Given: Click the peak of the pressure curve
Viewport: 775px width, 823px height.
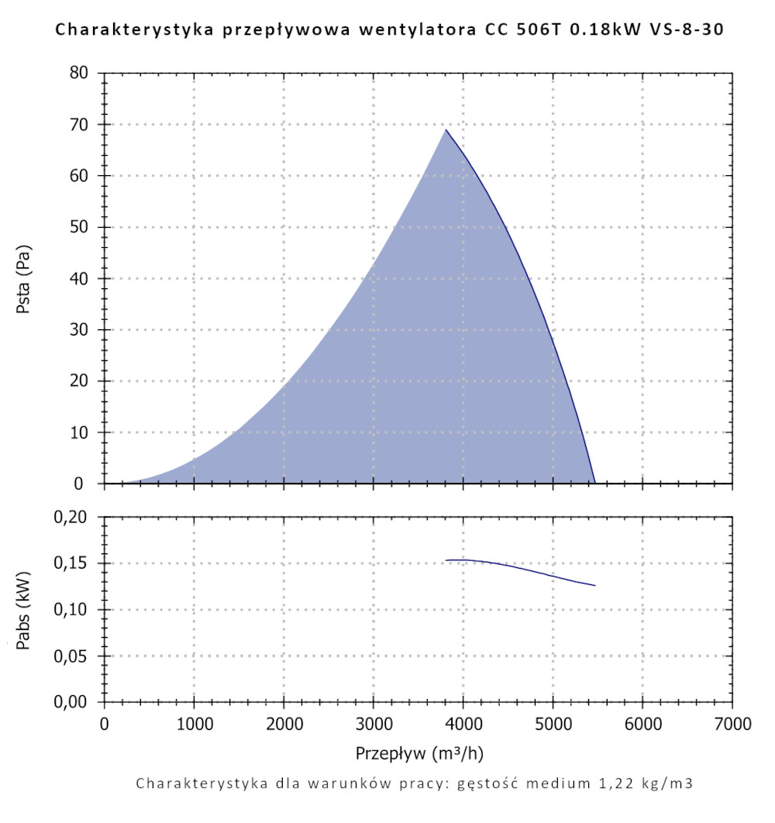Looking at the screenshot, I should click(446, 129).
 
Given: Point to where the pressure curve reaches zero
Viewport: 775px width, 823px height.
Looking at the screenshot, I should click(594, 483).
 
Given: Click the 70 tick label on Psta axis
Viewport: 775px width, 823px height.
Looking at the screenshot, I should click(81, 125).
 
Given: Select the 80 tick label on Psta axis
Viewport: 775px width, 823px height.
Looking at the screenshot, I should click(81, 74).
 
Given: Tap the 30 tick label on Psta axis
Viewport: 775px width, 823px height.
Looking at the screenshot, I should click(81, 330).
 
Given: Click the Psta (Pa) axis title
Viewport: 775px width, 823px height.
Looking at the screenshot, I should click(24, 278).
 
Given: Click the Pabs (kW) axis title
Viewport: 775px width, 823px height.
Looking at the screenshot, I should click(24, 610).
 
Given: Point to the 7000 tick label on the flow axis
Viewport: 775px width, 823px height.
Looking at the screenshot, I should click(732, 725).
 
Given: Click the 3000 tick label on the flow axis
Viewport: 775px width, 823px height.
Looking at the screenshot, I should click(374, 725).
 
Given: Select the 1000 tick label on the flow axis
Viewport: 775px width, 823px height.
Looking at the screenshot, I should click(194, 725).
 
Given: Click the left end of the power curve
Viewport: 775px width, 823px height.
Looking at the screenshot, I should click(446, 560).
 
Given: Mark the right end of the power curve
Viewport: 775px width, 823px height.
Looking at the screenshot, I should click(595, 585).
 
